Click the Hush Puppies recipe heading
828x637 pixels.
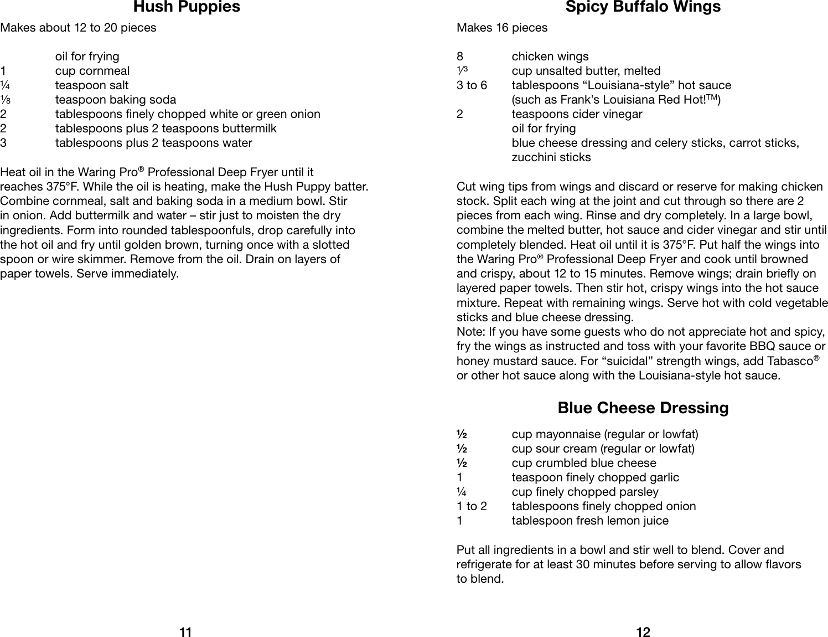(187, 7)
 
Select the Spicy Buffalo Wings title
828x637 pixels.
(643, 7)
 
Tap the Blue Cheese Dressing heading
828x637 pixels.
(643, 408)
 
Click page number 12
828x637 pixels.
(643, 632)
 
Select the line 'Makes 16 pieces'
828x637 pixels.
(501, 28)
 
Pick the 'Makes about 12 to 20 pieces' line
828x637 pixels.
(78, 28)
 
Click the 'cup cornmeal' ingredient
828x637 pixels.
(92, 71)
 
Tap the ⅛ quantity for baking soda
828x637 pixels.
(4, 100)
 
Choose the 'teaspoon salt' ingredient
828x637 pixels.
(92, 85)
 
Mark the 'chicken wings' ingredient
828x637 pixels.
(550, 56)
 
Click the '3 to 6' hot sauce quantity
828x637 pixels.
(472, 85)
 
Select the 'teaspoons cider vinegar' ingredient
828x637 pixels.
(577, 114)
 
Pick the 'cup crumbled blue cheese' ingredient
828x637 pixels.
(584, 463)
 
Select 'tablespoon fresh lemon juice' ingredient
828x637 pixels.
(590, 521)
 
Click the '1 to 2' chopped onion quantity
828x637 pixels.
(472, 506)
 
